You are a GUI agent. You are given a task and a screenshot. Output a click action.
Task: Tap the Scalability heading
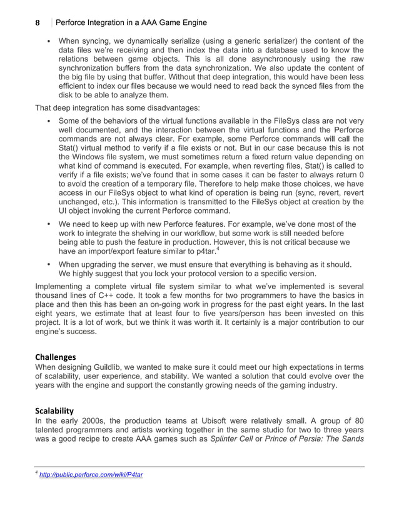click(x=54, y=410)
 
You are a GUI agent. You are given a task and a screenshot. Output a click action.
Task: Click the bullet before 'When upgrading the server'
click(x=49, y=263)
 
